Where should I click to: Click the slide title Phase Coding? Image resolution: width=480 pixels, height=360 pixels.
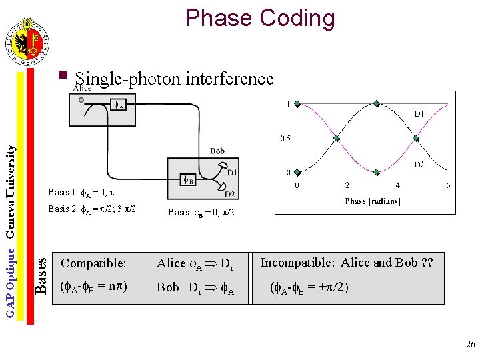(260, 17)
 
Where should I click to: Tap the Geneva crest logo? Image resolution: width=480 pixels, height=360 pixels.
(27, 43)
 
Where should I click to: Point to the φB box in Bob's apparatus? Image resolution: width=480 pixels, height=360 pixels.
(189, 179)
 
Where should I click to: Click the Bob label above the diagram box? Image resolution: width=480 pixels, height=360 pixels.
(217, 151)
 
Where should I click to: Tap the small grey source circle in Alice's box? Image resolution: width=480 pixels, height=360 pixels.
(81, 100)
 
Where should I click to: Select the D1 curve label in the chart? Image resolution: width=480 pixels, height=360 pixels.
(419, 114)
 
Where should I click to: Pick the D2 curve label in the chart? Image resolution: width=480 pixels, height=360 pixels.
(420, 165)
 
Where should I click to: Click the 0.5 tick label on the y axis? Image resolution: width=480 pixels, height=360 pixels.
(285, 139)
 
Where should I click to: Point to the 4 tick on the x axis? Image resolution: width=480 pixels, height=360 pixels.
(397, 185)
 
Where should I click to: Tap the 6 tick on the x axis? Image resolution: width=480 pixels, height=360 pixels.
(448, 185)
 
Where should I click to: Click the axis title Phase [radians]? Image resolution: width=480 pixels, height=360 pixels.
(373, 201)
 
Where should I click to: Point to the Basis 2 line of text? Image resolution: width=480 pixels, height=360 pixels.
(92, 209)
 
